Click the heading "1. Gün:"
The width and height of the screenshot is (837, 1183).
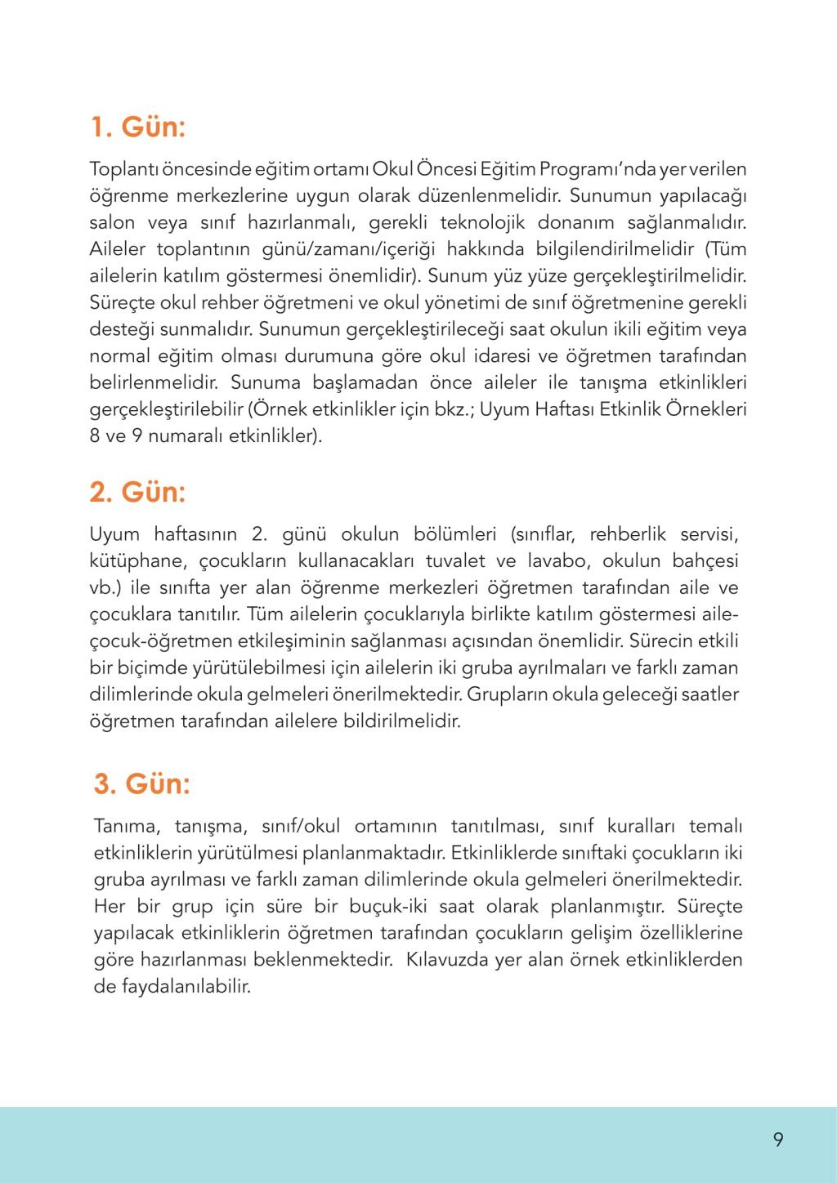coord(137,127)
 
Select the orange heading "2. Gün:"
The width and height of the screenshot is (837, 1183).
coord(137,493)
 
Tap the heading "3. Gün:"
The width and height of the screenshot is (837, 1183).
coord(142,783)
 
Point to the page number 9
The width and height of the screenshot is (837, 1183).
coord(778,1140)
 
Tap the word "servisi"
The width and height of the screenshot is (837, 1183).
coord(706,534)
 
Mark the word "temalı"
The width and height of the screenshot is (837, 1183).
coord(715,826)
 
